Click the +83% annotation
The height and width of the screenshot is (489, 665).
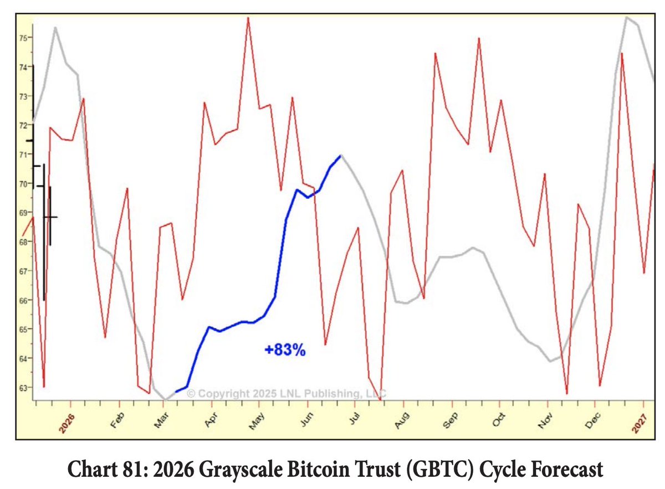coord(285,350)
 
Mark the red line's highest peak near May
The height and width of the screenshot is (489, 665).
coord(248,18)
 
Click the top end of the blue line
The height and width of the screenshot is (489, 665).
coord(340,156)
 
